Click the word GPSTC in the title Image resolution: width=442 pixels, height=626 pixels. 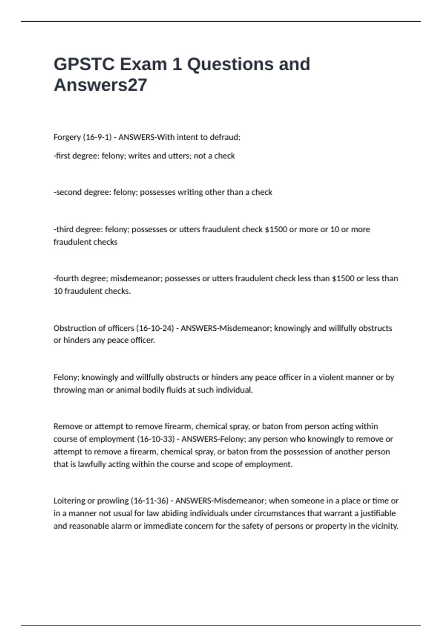[84, 64]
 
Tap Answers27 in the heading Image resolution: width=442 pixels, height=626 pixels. [100, 85]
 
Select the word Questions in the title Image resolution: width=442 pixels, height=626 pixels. [230, 64]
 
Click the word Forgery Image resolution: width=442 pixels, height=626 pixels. [67, 137]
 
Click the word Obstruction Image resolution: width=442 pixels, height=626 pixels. [76, 328]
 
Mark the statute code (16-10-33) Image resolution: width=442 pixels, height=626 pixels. [156, 439]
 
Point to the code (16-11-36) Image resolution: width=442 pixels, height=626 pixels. [150, 501]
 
